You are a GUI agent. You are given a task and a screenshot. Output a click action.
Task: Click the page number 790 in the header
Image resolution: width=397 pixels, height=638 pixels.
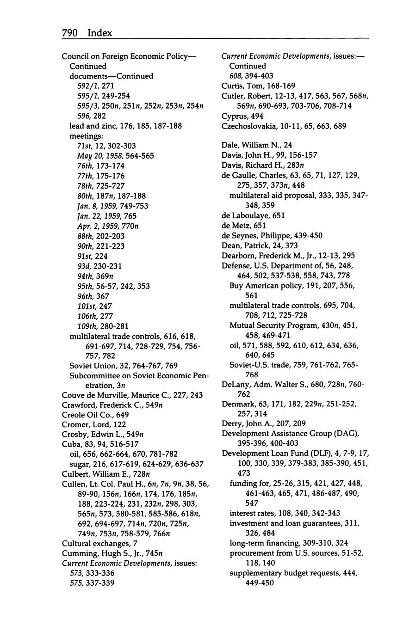tap(71, 32)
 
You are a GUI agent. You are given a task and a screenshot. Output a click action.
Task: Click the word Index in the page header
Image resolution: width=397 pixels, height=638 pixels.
tap(99, 32)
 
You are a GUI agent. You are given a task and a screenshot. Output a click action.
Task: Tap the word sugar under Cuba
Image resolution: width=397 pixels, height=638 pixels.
tap(79, 464)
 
